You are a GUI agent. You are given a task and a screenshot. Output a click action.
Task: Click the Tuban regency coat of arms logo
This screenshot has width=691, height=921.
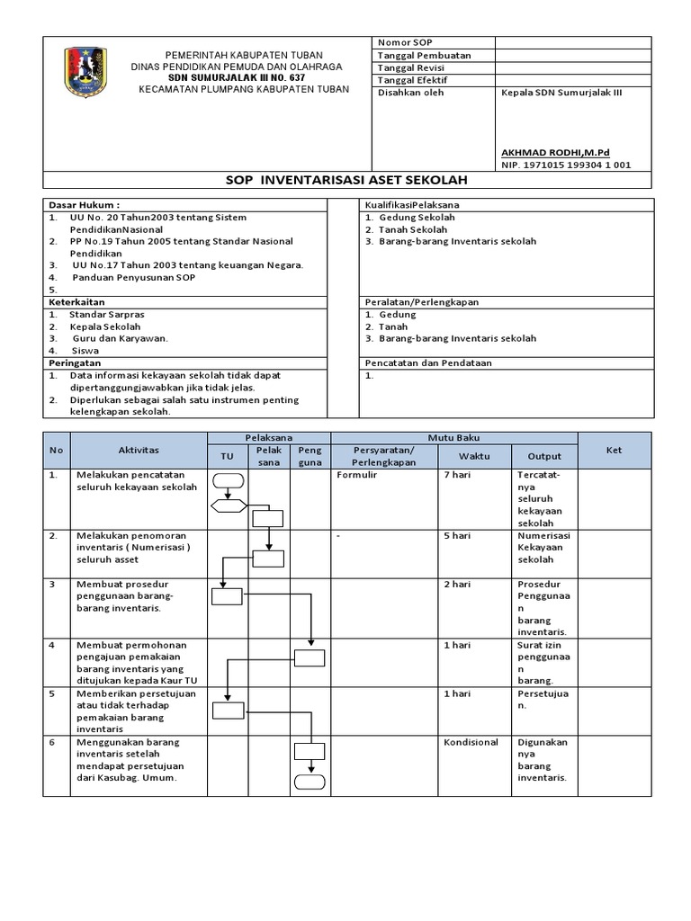point(85,73)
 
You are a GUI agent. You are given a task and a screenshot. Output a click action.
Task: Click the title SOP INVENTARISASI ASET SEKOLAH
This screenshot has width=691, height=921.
point(345,180)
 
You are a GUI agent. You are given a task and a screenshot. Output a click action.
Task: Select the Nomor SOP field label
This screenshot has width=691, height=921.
point(406,42)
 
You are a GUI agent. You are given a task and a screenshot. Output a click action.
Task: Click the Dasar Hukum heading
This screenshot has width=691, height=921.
point(84,205)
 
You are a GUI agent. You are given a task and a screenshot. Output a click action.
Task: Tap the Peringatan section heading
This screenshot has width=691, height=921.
point(76,362)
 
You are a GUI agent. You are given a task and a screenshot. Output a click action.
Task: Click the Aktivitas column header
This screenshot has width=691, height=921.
point(139,450)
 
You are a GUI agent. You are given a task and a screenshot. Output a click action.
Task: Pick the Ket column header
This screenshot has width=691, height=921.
point(614,450)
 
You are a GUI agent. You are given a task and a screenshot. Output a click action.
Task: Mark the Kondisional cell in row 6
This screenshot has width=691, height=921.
point(471,743)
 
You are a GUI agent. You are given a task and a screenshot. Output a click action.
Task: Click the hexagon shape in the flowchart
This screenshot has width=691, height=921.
point(229,505)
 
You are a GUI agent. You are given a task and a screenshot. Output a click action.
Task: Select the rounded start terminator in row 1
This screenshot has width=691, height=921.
point(229,478)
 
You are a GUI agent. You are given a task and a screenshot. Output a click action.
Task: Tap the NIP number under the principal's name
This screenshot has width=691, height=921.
point(565,165)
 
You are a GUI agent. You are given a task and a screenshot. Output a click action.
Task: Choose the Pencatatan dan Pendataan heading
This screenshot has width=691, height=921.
point(427,362)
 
